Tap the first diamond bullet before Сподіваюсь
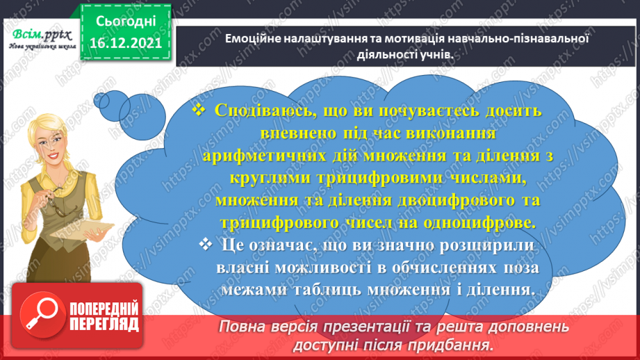pyautogui.click(x=199, y=111)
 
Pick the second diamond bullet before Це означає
pyautogui.click(x=205, y=245)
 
